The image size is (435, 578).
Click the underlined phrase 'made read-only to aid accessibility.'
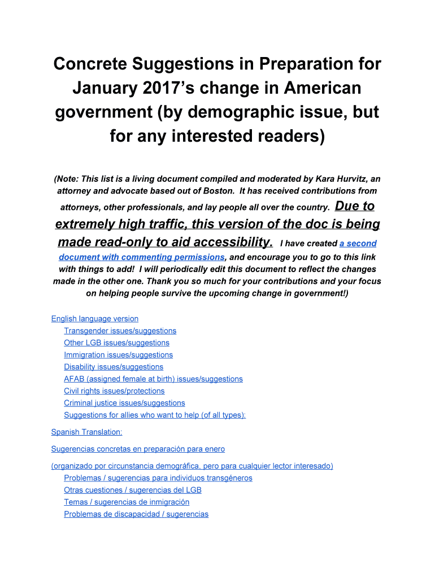[x=166, y=242]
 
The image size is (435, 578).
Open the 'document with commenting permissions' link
[x=141, y=257]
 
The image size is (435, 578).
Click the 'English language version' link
[x=94, y=319]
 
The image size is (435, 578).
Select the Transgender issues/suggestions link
[x=120, y=331]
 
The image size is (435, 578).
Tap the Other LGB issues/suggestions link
[x=116, y=343]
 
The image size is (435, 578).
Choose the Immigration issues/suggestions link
[x=118, y=355]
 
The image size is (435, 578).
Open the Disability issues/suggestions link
[x=114, y=367]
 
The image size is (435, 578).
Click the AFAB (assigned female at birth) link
[x=153, y=379]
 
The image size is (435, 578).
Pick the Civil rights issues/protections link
[x=114, y=391]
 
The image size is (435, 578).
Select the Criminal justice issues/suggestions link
[x=124, y=403]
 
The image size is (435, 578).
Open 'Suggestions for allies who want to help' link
[x=154, y=415]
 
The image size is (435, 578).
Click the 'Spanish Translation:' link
[x=86, y=432]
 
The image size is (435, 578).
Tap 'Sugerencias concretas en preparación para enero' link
[x=138, y=449]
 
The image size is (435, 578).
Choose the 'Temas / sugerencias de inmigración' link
[x=127, y=502]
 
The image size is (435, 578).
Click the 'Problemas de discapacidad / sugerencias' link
[x=136, y=514]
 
